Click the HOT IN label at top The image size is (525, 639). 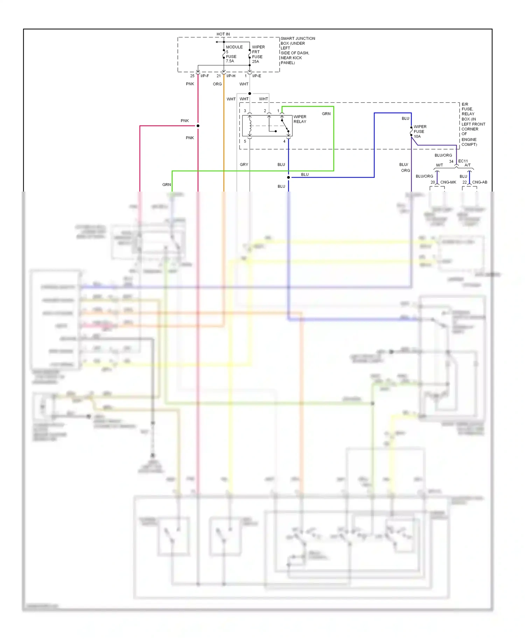point(223,34)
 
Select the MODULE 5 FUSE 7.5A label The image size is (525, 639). point(233,54)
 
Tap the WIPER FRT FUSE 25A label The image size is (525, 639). point(258,54)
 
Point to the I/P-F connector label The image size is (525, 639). point(205,76)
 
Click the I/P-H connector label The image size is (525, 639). point(231,76)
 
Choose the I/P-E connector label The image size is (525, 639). point(257,76)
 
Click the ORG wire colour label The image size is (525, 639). point(217,84)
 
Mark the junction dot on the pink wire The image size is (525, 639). point(198,126)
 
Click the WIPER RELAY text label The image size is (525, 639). point(300,119)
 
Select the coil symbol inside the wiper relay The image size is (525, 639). point(250,126)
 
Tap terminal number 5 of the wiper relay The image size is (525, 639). point(245,142)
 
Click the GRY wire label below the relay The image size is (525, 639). point(244,165)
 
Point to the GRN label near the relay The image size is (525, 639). point(326,114)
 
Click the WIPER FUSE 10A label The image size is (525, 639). point(420,132)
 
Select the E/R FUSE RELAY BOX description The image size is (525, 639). point(472,124)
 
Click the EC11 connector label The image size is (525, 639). point(463,161)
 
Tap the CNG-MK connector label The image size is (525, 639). point(448,182)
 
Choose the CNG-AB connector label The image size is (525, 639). point(479,182)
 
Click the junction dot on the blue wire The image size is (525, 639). point(288,178)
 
